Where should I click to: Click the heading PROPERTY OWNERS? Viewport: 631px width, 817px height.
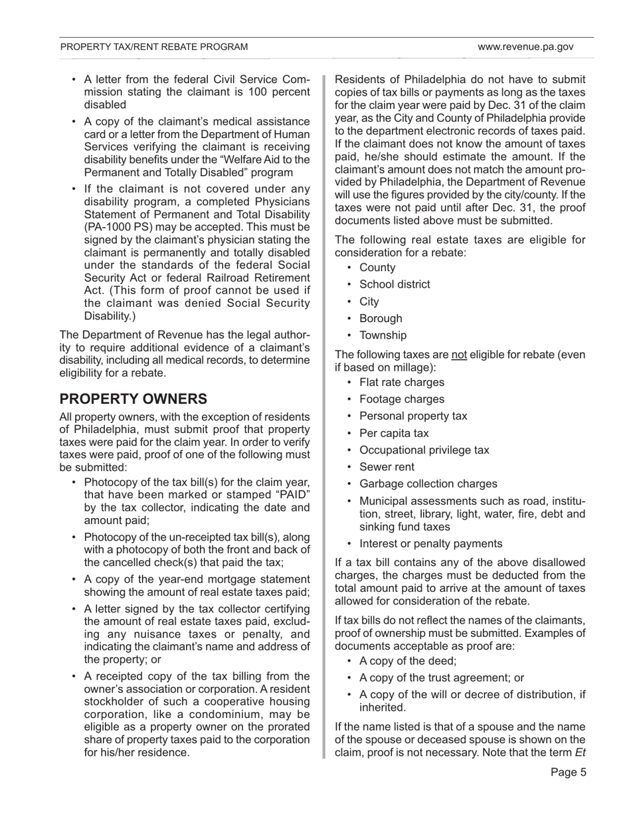point(134,399)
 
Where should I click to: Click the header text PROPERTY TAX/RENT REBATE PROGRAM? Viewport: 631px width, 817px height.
point(154,47)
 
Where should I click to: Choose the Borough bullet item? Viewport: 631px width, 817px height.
point(381,318)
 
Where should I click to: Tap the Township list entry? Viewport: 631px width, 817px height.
point(383,335)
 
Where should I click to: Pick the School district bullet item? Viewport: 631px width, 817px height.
point(395,284)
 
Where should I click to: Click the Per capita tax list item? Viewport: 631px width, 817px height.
point(394,433)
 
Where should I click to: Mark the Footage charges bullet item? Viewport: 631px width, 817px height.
point(402,399)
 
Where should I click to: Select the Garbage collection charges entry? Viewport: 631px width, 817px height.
point(428,484)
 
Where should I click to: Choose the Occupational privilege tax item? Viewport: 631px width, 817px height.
point(424,450)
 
